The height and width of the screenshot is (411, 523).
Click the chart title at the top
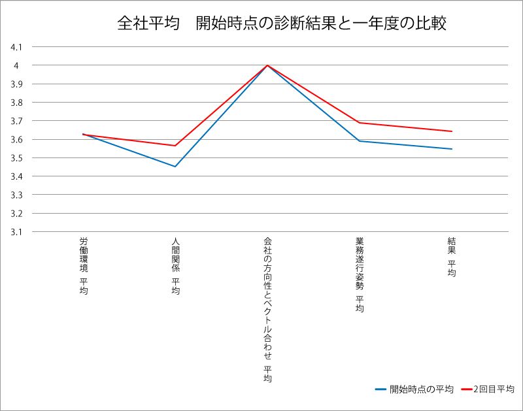click(x=282, y=24)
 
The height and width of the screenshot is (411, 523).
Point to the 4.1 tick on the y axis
click(x=16, y=47)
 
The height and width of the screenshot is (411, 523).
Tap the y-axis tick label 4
click(x=19, y=65)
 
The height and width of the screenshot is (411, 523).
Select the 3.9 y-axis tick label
click(x=16, y=84)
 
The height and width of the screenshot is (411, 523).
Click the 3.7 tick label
click(x=16, y=121)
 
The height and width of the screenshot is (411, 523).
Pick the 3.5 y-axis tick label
click(x=16, y=158)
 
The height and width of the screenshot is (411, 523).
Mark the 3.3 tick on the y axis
click(x=16, y=195)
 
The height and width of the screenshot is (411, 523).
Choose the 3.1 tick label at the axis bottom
click(x=16, y=231)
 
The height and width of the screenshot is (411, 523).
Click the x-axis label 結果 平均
click(x=452, y=257)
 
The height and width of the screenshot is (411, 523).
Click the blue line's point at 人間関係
click(x=175, y=167)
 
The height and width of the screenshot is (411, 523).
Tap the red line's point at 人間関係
click(x=175, y=146)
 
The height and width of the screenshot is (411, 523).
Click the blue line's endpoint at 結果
click(x=452, y=149)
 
